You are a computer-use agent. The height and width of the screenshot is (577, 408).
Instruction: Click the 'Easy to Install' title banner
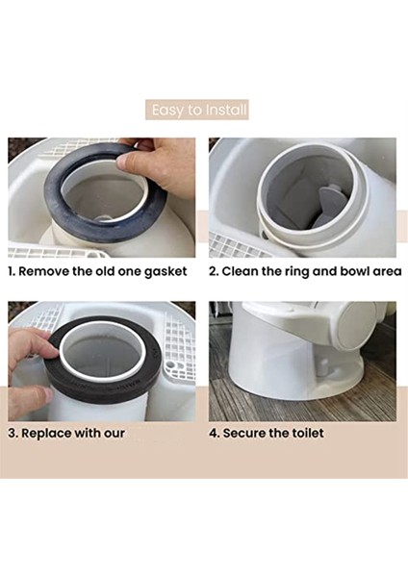pos(197,110)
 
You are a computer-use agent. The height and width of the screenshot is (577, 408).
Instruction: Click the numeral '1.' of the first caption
pos(12,271)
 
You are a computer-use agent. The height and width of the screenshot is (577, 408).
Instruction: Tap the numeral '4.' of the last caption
pos(215,433)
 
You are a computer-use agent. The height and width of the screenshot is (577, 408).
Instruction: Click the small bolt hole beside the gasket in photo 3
pos(170,365)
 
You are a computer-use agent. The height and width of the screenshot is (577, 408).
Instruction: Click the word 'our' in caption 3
pos(115,435)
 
